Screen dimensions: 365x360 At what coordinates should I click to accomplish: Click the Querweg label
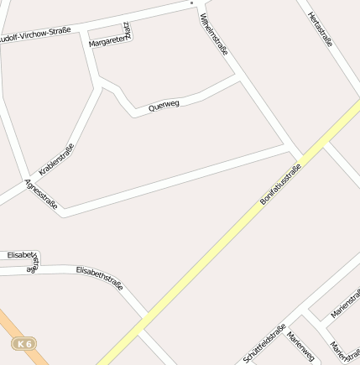(x=164, y=105)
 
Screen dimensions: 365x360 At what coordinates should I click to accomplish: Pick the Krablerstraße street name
(x=56, y=159)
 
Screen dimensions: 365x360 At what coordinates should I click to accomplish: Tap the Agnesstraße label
(x=41, y=194)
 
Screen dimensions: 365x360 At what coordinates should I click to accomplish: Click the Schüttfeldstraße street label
(x=265, y=344)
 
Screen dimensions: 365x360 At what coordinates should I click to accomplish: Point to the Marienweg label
(x=300, y=346)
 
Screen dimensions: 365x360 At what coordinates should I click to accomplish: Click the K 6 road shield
(x=23, y=344)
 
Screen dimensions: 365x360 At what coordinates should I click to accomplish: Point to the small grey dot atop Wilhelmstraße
(x=191, y=3)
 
